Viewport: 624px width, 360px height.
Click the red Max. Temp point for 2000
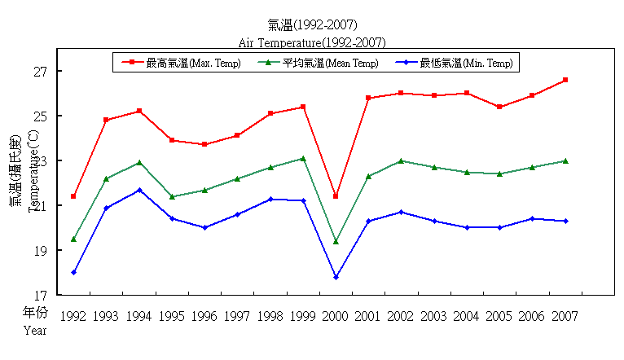(336, 196)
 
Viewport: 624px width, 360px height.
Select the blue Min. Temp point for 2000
(336, 277)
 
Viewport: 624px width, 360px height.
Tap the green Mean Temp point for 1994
(139, 163)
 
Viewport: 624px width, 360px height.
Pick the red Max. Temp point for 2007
(565, 80)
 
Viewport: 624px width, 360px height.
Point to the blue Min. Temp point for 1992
(73, 272)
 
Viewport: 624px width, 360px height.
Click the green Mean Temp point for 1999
(303, 158)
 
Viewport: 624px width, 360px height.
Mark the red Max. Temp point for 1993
(107, 120)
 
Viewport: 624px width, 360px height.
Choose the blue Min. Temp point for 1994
(139, 190)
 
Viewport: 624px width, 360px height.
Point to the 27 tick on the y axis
(41, 72)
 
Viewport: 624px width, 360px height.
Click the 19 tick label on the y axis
(41, 251)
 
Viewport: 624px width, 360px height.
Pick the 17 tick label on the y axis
(41, 295)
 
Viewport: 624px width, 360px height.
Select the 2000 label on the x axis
(336, 316)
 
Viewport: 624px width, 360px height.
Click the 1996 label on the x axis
(204, 316)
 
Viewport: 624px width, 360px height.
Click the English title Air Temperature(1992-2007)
(312, 42)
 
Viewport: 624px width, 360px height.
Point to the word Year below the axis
(35, 331)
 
